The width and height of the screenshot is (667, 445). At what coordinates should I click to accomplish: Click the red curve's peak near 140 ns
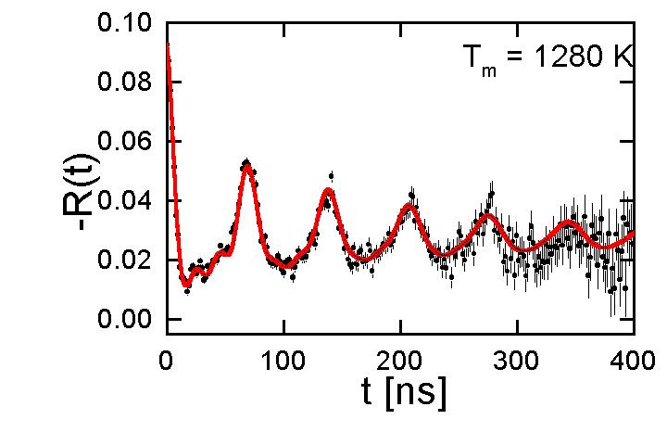click(x=328, y=191)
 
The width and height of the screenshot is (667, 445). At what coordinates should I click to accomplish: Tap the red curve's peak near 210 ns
click(x=409, y=207)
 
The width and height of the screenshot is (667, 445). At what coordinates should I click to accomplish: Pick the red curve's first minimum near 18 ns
click(x=187, y=284)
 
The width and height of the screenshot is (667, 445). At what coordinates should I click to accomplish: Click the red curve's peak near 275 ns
click(x=489, y=218)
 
